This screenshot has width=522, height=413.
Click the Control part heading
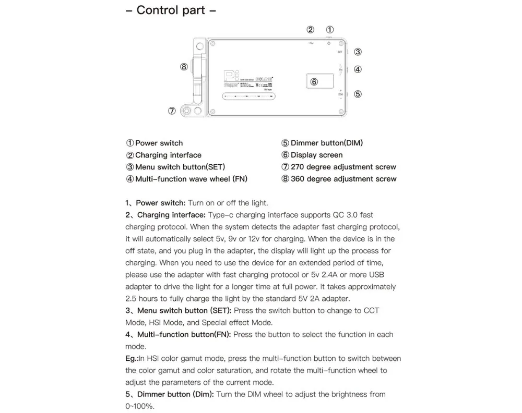[171, 10]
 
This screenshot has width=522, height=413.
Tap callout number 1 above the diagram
[330, 30]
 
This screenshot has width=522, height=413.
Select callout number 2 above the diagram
[311, 30]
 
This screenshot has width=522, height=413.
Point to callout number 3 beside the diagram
[358, 52]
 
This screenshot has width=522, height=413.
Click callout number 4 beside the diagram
[358, 69]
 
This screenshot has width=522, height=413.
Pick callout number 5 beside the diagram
[358, 94]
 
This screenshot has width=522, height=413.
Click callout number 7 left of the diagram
[172, 111]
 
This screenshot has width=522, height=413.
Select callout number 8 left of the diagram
[183, 67]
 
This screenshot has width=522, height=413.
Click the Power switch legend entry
[155, 143]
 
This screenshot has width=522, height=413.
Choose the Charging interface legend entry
[163, 155]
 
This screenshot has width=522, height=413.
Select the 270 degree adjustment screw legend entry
[339, 167]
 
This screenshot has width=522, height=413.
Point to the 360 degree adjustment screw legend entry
[339, 179]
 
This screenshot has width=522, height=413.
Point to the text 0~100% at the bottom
[140, 406]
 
